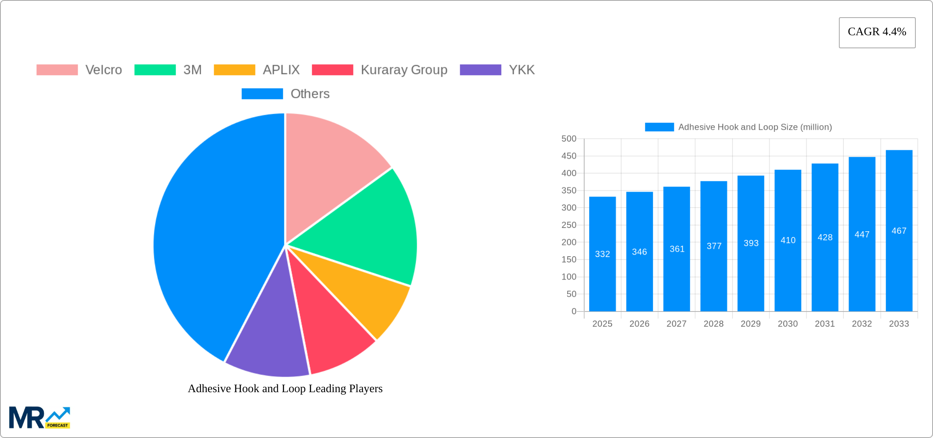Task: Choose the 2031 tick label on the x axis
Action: click(825, 324)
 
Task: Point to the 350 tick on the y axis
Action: click(569, 190)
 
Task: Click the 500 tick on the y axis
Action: click(569, 139)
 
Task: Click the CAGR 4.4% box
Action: click(877, 32)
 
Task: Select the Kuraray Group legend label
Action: click(404, 70)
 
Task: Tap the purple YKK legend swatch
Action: click(480, 70)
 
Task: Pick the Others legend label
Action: click(310, 94)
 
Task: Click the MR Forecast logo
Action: click(39, 418)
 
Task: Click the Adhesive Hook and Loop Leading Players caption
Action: click(285, 388)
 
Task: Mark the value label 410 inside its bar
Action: click(788, 240)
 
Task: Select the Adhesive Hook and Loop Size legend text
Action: click(755, 127)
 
